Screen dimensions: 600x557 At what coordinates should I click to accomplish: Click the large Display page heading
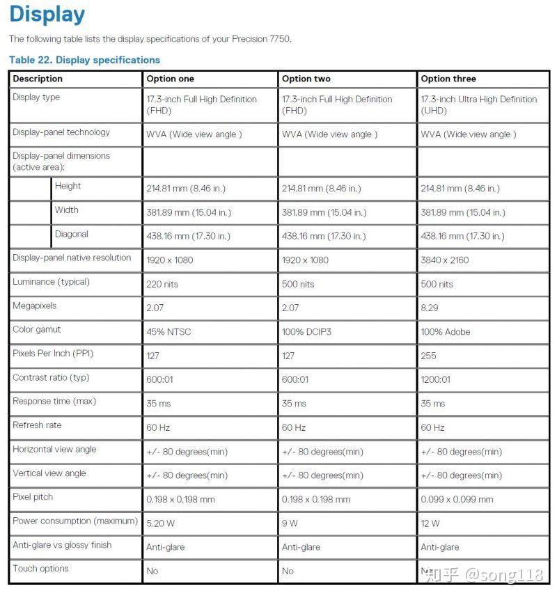click(x=47, y=15)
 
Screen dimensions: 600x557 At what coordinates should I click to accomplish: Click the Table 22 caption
click(x=84, y=60)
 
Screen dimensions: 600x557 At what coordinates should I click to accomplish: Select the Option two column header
click(x=306, y=79)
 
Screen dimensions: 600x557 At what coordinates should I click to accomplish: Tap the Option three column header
click(x=448, y=79)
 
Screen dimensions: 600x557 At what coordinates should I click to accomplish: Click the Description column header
click(x=38, y=79)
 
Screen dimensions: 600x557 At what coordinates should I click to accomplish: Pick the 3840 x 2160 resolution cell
click(x=445, y=260)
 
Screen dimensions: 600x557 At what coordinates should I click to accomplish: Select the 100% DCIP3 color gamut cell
click(x=306, y=331)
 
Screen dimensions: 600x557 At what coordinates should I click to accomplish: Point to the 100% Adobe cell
click(x=446, y=331)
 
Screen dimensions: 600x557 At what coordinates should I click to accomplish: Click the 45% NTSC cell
click(x=168, y=331)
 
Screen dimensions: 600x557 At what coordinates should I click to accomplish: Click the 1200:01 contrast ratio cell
click(x=435, y=379)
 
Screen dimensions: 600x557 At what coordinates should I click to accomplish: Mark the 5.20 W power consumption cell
click(x=160, y=523)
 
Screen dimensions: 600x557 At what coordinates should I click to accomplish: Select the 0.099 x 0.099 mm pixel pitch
click(x=457, y=499)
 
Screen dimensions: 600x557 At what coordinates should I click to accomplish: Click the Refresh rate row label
click(x=37, y=425)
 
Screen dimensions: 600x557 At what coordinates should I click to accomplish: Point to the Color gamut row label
click(x=37, y=329)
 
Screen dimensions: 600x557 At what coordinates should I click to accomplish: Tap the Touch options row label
click(x=40, y=569)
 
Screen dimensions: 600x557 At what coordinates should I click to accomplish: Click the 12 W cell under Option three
click(x=430, y=523)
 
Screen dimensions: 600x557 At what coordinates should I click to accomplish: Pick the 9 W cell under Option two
click(x=290, y=523)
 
